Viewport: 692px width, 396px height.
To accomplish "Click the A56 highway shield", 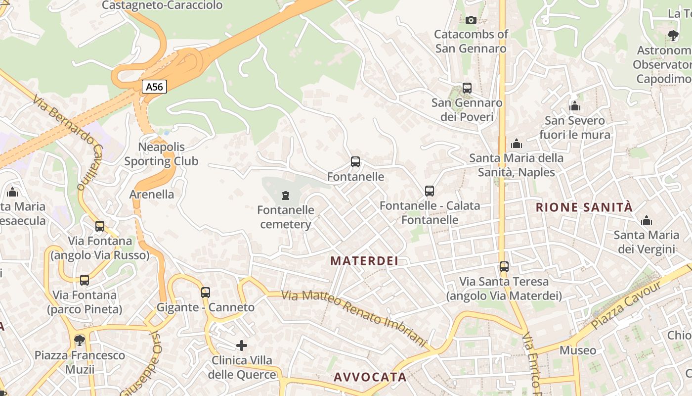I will click(x=154, y=87).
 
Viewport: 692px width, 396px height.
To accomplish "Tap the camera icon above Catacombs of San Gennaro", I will click(x=471, y=20).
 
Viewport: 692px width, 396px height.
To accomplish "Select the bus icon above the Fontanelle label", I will click(x=355, y=162).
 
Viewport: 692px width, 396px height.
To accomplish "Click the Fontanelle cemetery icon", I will click(x=285, y=196).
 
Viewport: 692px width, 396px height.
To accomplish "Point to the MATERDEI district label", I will click(x=364, y=261).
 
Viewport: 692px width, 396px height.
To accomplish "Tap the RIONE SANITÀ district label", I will click(x=584, y=207).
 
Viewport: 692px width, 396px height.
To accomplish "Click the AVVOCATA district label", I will click(x=370, y=377).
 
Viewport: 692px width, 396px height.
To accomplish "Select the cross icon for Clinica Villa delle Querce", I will click(x=242, y=345).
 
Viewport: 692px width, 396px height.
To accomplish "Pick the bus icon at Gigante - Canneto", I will click(x=206, y=293).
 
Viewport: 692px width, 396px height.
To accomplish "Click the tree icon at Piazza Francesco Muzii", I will click(x=79, y=340).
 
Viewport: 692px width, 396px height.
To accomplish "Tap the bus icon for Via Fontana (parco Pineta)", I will click(x=85, y=280).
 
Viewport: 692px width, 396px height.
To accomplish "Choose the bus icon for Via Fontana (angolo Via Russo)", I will click(x=100, y=226).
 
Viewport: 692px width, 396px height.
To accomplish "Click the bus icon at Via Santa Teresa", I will click(x=504, y=267).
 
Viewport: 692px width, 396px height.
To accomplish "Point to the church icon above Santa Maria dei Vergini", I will click(x=646, y=220).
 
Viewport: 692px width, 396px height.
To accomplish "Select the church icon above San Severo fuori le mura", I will click(x=575, y=106).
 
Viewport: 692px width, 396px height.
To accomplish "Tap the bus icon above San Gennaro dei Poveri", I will click(x=467, y=88).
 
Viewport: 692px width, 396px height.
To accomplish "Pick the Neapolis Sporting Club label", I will click(x=161, y=154).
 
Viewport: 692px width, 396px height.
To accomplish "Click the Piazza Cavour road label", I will click(x=626, y=305).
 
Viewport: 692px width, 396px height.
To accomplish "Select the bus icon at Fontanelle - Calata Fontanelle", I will click(x=430, y=191).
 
